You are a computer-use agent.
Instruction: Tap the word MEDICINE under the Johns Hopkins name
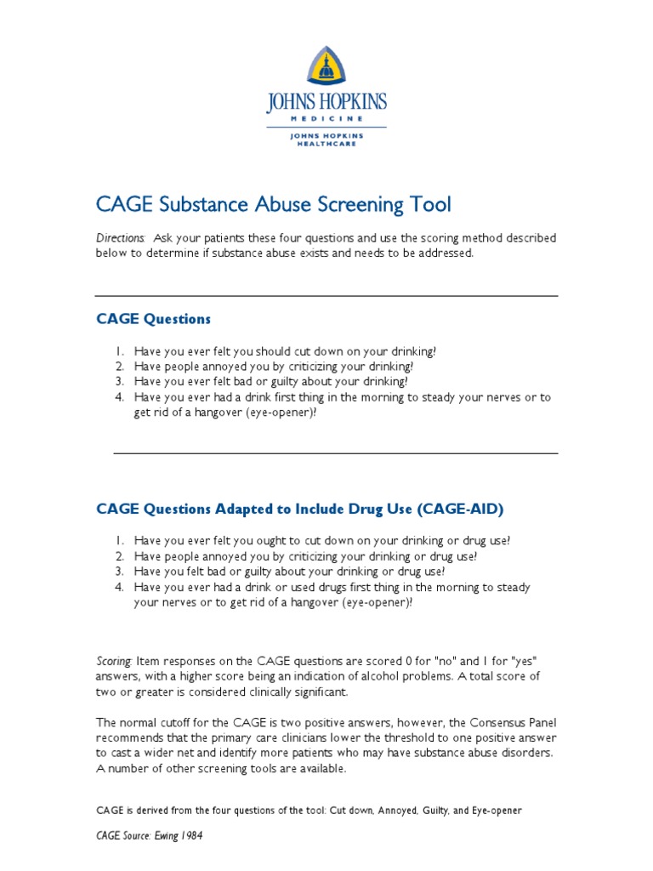(326, 119)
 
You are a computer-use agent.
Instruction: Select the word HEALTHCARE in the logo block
(326, 144)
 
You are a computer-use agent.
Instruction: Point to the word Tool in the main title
(431, 205)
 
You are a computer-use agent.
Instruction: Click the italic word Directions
(120, 238)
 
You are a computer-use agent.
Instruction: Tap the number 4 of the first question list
(120, 397)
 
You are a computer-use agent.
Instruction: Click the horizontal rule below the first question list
(335, 453)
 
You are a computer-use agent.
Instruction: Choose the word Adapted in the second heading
(243, 510)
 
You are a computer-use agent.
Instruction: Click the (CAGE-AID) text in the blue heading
(460, 510)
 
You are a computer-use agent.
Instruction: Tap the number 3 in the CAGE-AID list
(120, 572)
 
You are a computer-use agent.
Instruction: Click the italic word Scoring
(113, 661)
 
